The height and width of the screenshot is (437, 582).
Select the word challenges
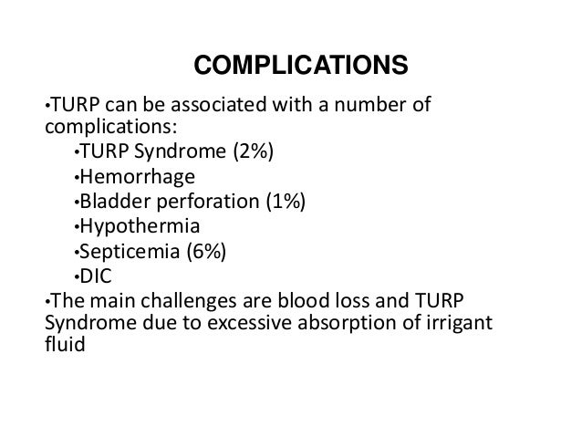(200, 300)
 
